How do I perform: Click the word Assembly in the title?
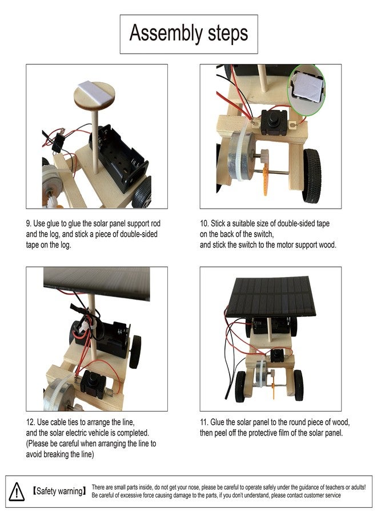coord(166,34)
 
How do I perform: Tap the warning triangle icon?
coord(17,491)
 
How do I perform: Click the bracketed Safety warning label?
coord(59,491)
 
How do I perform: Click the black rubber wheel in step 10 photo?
coord(312,175)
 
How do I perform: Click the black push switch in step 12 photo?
coord(94,384)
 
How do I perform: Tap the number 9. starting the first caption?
coord(29,223)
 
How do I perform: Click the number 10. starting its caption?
coord(204,223)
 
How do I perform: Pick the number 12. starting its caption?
coord(30,422)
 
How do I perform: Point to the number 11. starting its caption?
coord(204,422)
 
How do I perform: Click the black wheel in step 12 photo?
coord(135,352)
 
